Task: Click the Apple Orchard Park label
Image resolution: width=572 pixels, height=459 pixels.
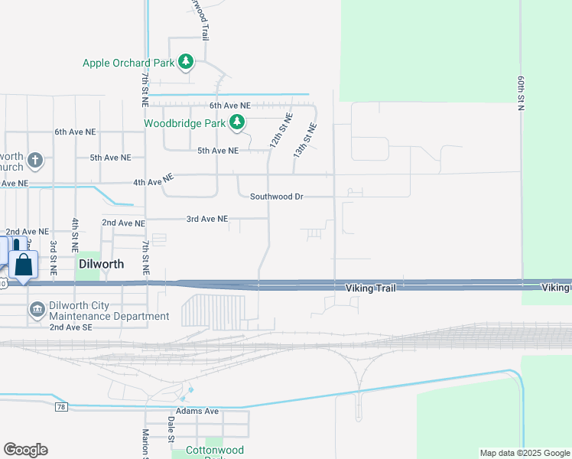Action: pyautogui.click(x=128, y=63)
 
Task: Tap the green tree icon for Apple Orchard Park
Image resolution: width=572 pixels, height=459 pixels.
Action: pyautogui.click(x=185, y=60)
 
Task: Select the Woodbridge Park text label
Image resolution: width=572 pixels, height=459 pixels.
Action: pyautogui.click(x=184, y=122)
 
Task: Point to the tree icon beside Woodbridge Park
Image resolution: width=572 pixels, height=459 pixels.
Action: pyautogui.click(x=238, y=122)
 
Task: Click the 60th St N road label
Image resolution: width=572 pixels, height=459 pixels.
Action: pyautogui.click(x=520, y=93)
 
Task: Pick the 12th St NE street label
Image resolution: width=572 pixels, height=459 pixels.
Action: pyautogui.click(x=281, y=131)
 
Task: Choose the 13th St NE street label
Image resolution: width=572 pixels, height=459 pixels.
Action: pyautogui.click(x=304, y=140)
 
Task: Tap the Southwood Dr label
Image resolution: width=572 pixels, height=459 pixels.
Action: pyautogui.click(x=277, y=197)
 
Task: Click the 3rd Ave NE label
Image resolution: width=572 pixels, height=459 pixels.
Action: pyautogui.click(x=207, y=219)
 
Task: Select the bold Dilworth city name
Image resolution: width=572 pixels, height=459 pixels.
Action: pyautogui.click(x=102, y=264)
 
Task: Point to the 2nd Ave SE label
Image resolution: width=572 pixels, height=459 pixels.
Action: pyautogui.click(x=70, y=327)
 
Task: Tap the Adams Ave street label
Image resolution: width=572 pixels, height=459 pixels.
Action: pyautogui.click(x=197, y=412)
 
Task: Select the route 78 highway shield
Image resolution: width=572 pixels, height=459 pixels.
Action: pyautogui.click(x=60, y=408)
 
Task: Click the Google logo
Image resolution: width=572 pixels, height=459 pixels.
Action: pyautogui.click(x=25, y=450)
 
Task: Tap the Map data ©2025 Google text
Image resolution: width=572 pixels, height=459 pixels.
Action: pyautogui.click(x=524, y=453)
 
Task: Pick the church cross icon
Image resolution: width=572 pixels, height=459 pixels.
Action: pyautogui.click(x=34, y=161)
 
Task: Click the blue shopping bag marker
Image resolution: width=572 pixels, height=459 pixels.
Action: pyautogui.click(x=24, y=265)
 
